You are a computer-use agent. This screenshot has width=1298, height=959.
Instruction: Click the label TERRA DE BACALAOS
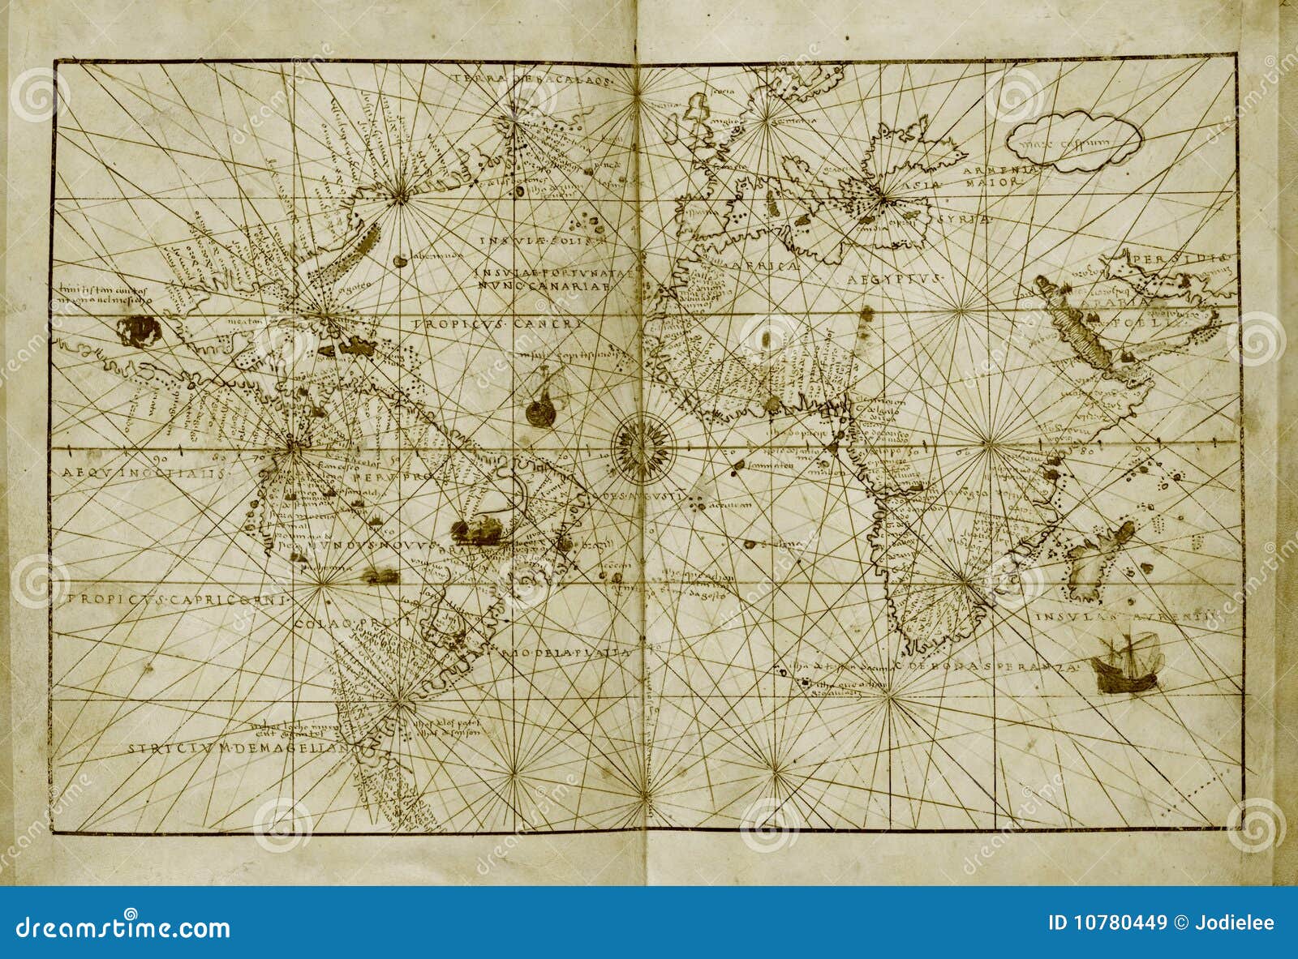534,79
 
